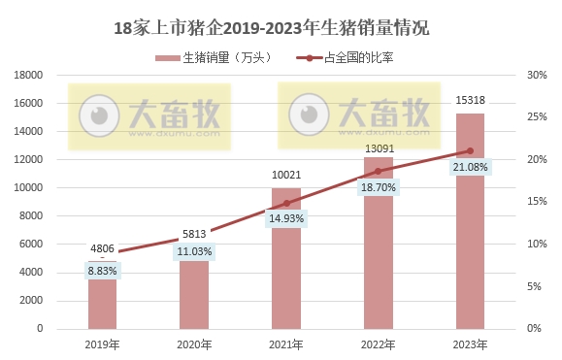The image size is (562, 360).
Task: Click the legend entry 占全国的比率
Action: (358, 58)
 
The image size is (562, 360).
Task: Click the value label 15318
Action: (470, 101)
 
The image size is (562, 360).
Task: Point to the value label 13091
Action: (379, 148)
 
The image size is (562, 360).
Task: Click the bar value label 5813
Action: (194, 234)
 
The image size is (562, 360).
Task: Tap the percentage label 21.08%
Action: (470, 170)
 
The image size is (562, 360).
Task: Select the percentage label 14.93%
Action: (286, 219)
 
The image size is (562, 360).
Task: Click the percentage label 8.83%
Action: (102, 273)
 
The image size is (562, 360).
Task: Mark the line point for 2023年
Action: (470, 150)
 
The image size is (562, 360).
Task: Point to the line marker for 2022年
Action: (379, 171)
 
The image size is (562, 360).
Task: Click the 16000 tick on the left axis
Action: (28, 103)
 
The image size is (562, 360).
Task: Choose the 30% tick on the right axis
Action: (534, 75)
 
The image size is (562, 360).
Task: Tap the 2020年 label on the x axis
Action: (194, 344)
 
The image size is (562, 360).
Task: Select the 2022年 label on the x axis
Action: (379, 344)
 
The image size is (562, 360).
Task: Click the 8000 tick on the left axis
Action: (31, 216)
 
